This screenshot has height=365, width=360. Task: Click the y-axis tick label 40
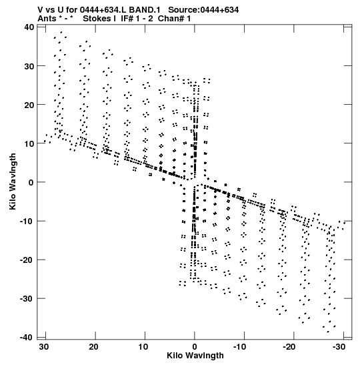point(29,27)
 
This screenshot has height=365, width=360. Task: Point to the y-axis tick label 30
point(29,66)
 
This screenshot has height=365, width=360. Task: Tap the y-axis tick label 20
point(29,105)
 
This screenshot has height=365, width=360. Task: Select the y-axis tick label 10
point(29,143)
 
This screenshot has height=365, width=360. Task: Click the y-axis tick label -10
point(27,221)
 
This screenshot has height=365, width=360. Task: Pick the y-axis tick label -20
point(27,260)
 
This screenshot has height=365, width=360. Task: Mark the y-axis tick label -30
point(27,299)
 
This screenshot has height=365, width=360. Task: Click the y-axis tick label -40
point(27,337)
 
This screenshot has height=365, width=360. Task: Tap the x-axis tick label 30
point(44,347)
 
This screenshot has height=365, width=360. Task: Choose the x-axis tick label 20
point(93,347)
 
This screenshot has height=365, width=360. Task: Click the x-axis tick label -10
point(239,347)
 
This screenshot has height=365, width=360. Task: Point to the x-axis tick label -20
point(289,347)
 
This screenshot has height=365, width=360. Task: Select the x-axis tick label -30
point(339,347)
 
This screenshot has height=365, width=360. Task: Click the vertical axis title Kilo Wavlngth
point(13,181)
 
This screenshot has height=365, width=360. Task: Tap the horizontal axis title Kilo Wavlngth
point(195,356)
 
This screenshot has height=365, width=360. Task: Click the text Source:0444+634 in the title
point(203,10)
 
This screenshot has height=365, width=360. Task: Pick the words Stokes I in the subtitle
point(99,19)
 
